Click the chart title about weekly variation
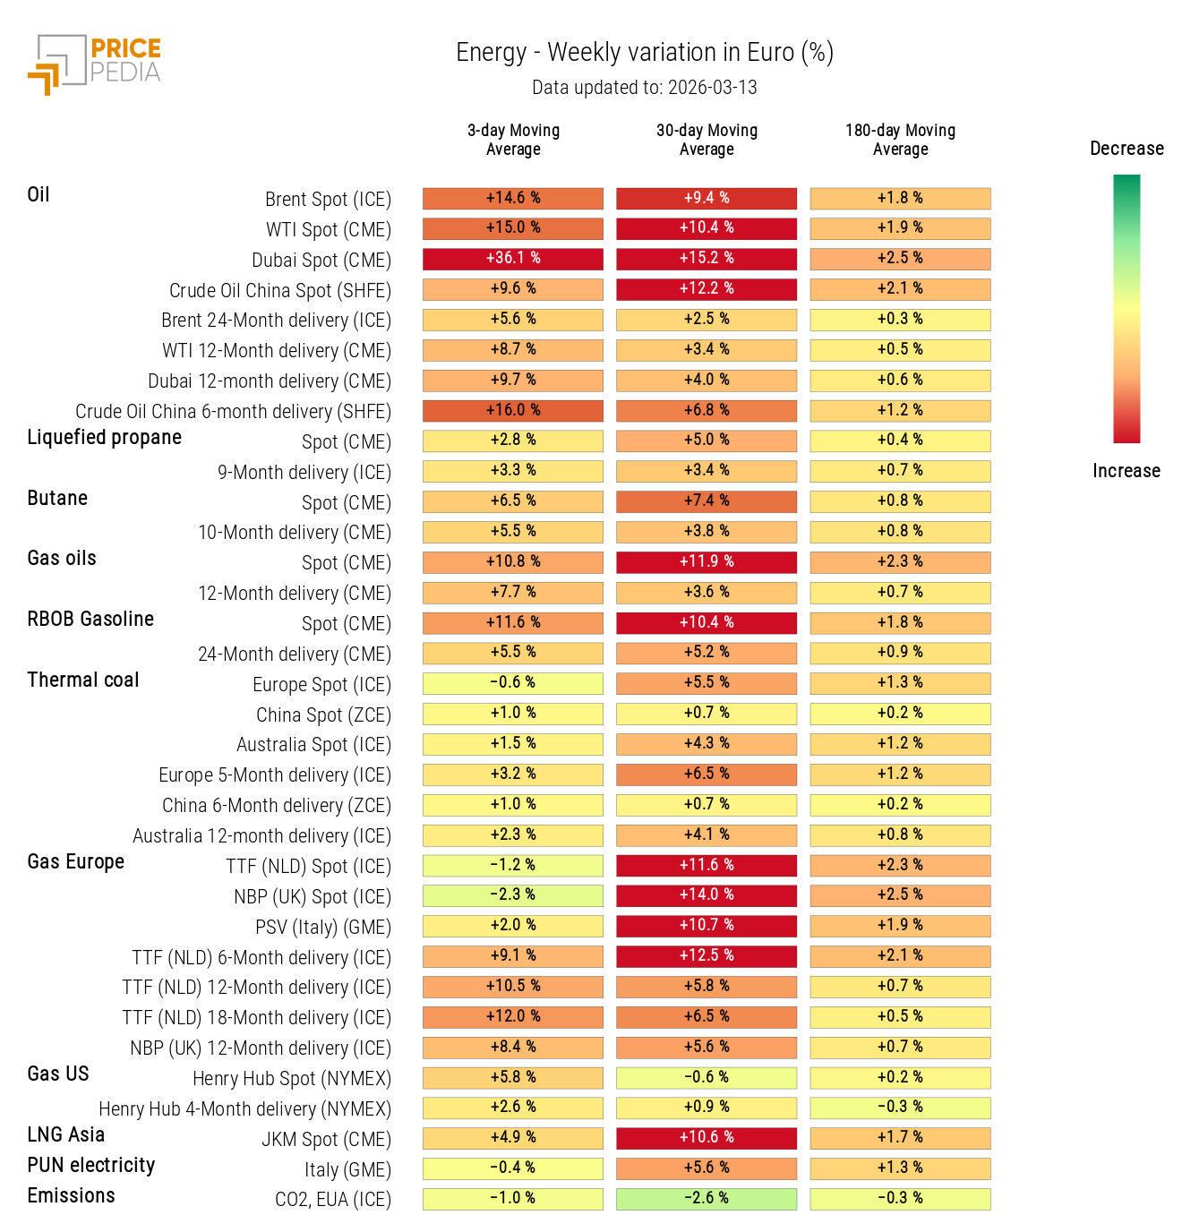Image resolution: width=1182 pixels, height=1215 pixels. click(x=645, y=53)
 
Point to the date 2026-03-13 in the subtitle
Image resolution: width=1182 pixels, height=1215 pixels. click(x=713, y=88)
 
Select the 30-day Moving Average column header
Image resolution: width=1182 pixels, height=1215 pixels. click(x=707, y=140)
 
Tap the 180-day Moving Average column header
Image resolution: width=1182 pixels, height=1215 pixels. click(x=900, y=140)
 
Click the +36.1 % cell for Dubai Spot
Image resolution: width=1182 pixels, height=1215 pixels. click(x=513, y=259)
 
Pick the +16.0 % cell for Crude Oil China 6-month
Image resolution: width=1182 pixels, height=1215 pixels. click(x=513, y=411)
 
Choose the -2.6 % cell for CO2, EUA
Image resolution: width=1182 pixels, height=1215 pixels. click(x=707, y=1199)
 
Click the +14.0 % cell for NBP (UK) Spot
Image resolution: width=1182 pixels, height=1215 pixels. click(x=707, y=895)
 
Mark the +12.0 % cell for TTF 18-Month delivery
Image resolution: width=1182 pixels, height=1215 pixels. click(x=513, y=1017)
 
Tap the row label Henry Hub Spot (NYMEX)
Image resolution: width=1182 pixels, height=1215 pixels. click(x=292, y=1079)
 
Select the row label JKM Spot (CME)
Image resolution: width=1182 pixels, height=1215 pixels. click(x=326, y=1140)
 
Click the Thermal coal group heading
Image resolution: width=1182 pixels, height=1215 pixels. click(x=83, y=680)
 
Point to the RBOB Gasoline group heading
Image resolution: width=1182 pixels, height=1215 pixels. click(x=90, y=620)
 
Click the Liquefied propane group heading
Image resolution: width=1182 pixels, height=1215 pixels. click(x=104, y=438)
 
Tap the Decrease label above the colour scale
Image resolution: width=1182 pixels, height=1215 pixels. click(x=1126, y=149)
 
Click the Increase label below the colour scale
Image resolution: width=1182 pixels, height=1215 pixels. click(x=1126, y=471)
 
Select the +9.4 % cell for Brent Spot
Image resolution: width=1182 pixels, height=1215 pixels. click(x=707, y=199)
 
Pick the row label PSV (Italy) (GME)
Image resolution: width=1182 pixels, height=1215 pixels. click(x=323, y=928)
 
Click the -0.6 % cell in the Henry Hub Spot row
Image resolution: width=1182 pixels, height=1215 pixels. click(x=707, y=1078)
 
